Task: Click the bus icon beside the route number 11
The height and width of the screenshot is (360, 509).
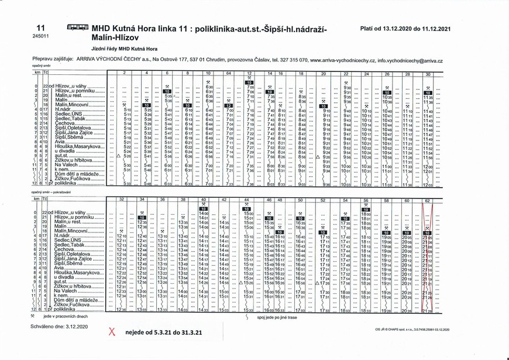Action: click(x=78, y=28)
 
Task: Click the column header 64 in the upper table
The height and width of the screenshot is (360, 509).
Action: click(x=228, y=73)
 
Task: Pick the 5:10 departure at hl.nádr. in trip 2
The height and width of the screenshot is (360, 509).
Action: click(x=128, y=110)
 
